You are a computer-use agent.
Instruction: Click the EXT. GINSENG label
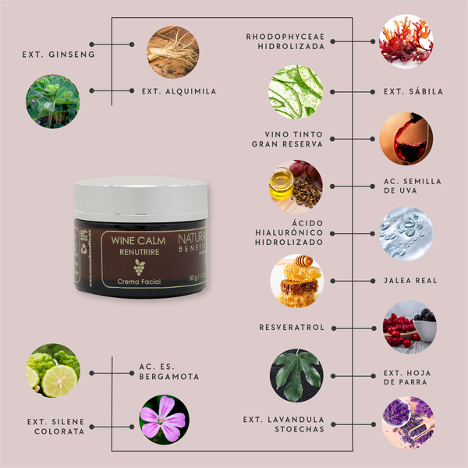coord(48,55)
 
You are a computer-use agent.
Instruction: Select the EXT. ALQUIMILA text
coord(179,91)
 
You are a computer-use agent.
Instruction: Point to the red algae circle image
coord(405,42)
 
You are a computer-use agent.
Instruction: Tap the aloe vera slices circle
coord(296,91)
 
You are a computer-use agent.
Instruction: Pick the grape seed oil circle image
coord(296,185)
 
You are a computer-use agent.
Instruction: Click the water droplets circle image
coord(406,233)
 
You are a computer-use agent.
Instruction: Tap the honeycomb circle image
coord(296,279)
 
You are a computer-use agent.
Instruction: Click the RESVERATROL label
coord(292,327)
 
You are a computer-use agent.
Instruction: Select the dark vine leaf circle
coord(296,373)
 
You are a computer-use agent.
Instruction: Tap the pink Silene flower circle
coord(162,419)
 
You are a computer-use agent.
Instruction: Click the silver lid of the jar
coord(141,192)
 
